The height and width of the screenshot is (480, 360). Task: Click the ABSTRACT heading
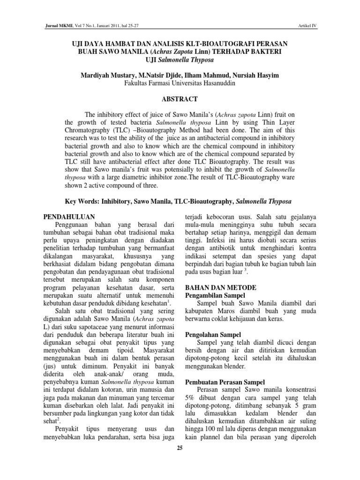click(180, 99)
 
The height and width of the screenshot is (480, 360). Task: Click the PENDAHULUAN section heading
click(69, 217)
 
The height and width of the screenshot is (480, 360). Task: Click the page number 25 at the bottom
click(180, 448)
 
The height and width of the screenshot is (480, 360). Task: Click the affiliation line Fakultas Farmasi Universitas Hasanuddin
click(180, 84)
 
